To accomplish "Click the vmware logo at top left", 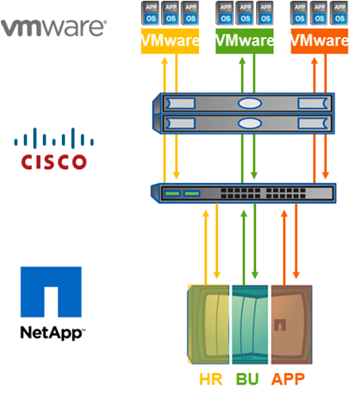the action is [x=54, y=28].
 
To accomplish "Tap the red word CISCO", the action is [x=54, y=162].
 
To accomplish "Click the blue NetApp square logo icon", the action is [x=51, y=292].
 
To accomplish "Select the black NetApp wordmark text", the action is [x=52, y=332].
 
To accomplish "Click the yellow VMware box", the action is [x=170, y=41].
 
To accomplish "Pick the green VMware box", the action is [x=244, y=41].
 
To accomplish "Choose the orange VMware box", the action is [x=320, y=41].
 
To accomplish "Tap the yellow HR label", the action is [x=211, y=379].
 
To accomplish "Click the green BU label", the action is [x=248, y=379].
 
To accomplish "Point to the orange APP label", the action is [x=288, y=379].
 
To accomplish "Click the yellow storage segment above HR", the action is [x=208, y=324].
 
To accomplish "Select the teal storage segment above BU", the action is [x=250, y=324].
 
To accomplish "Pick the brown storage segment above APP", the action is [x=291, y=324].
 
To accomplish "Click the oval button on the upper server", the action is [x=249, y=103].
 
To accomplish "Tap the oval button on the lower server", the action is [x=249, y=123].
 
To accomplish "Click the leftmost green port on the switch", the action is [x=173, y=193].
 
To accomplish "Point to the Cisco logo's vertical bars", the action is [x=54, y=138].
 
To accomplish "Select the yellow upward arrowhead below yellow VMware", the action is [x=164, y=60].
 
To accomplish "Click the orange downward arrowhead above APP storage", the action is [x=296, y=275].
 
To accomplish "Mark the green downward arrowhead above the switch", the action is [x=254, y=175].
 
